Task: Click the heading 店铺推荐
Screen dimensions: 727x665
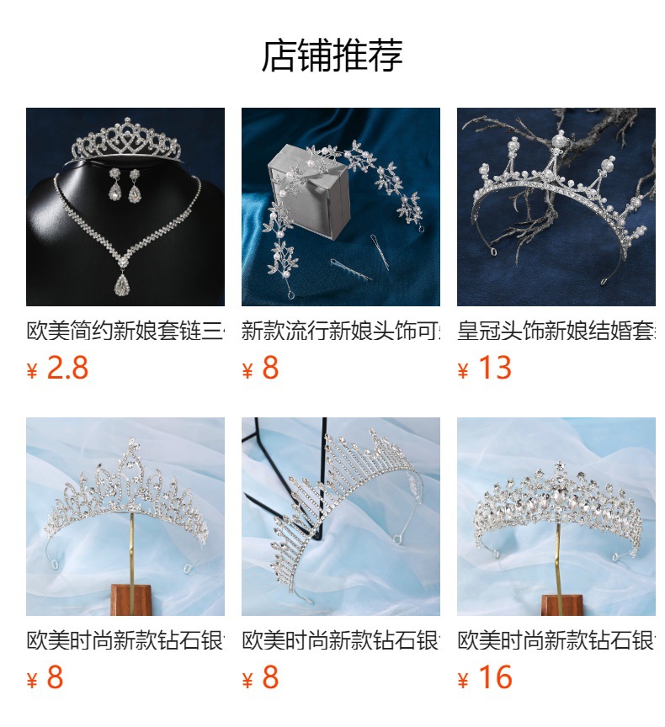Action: [332, 56]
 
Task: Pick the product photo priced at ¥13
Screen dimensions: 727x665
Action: [556, 206]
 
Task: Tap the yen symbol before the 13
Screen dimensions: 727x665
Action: [463, 371]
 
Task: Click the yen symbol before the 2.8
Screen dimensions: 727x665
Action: [33, 371]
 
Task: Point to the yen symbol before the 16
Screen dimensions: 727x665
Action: [463, 681]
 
